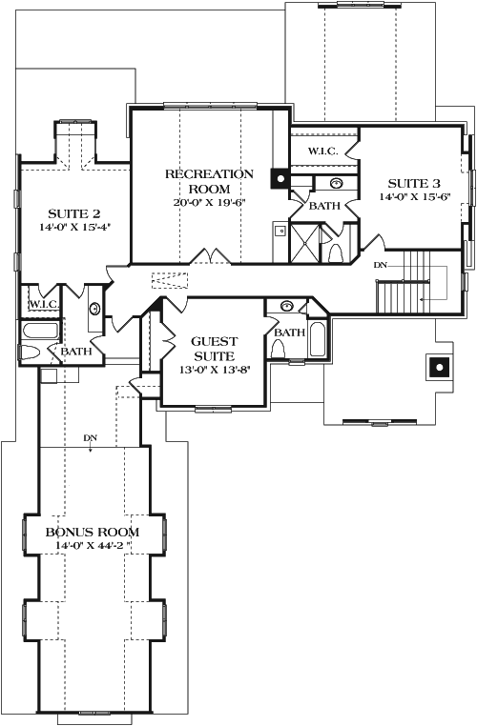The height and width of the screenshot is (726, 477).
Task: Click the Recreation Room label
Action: pyautogui.click(x=209, y=180)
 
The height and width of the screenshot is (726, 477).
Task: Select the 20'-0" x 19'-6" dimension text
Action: pyautogui.click(x=209, y=201)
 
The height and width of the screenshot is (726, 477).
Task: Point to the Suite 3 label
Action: pyautogui.click(x=413, y=183)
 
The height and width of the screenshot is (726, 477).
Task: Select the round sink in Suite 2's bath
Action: pyautogui.click(x=94, y=309)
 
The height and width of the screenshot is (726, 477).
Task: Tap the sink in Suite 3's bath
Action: pyautogui.click(x=337, y=183)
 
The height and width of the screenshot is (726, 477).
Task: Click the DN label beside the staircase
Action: pyautogui.click(x=380, y=264)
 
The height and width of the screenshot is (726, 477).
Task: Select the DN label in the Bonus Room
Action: pyautogui.click(x=91, y=438)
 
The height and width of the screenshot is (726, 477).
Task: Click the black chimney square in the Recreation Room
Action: pyautogui.click(x=280, y=176)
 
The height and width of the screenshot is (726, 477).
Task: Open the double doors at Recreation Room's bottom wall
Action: pyautogui.click(x=210, y=258)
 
